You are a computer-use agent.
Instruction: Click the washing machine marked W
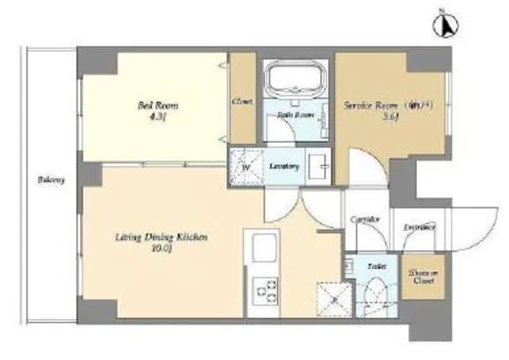tap(247, 167)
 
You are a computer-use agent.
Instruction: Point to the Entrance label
tap(420, 228)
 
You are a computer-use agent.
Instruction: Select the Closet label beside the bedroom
tap(242, 101)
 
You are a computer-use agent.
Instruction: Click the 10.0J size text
tap(158, 248)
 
